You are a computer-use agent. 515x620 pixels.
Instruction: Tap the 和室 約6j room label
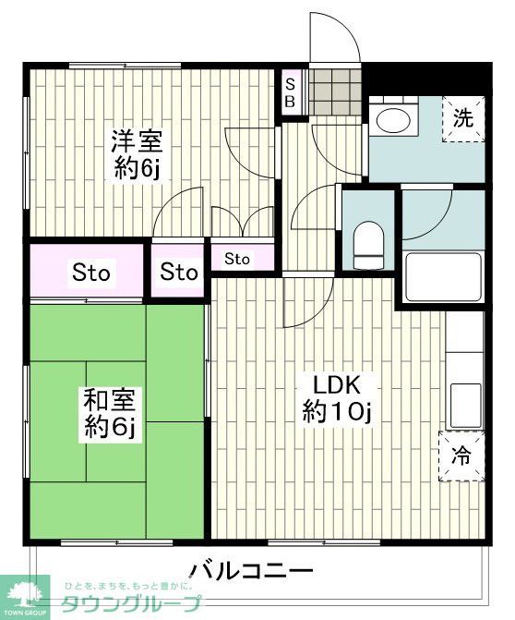pyautogui.click(x=110, y=413)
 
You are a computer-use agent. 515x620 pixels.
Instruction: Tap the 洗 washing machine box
pyautogui.click(x=462, y=119)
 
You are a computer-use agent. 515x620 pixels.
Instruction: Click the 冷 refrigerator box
pyautogui.click(x=461, y=455)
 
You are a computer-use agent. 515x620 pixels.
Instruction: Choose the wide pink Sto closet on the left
pyautogui.click(x=90, y=273)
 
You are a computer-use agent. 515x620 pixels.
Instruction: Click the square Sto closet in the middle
pyautogui.click(x=179, y=273)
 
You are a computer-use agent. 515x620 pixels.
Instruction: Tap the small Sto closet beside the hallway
pyautogui.click(x=238, y=259)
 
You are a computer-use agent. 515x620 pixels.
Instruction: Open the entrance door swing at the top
pyautogui.click(x=332, y=42)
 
